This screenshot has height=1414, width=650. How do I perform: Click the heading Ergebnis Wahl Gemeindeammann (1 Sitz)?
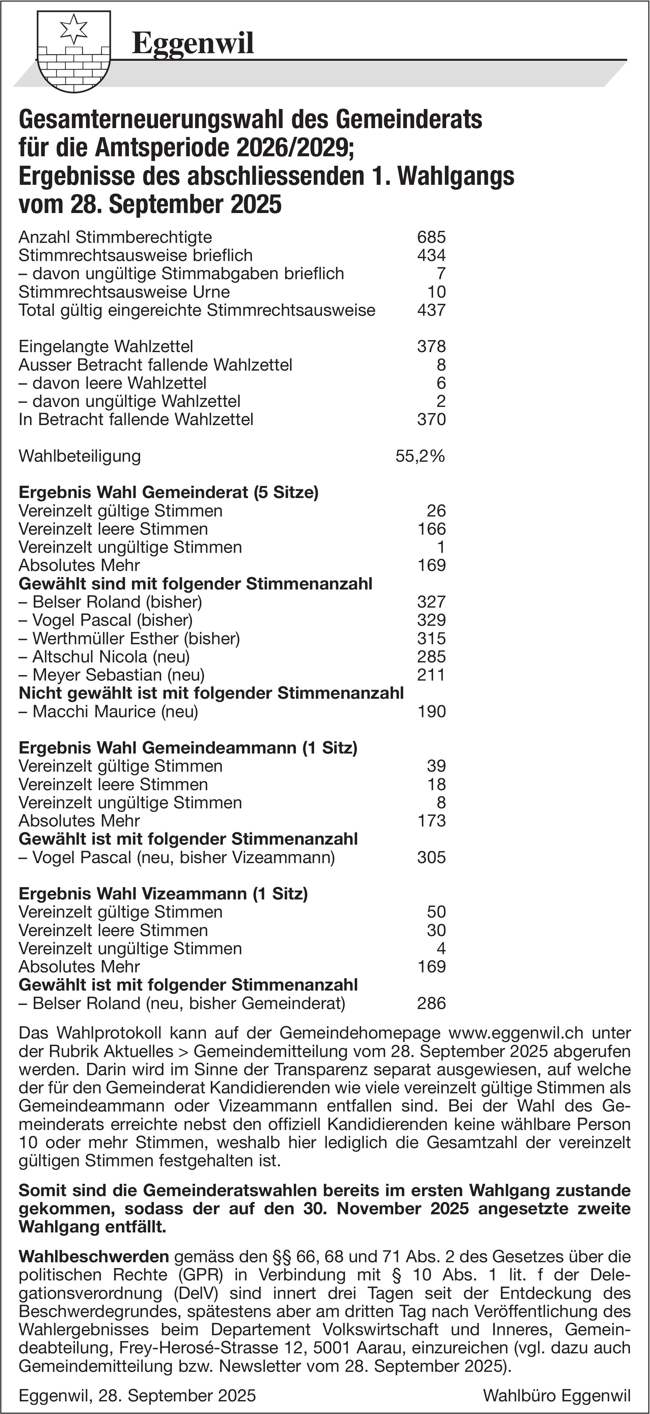188,748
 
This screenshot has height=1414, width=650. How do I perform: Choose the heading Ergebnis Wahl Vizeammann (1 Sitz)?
163,894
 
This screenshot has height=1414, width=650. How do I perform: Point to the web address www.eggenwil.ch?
516,1033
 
